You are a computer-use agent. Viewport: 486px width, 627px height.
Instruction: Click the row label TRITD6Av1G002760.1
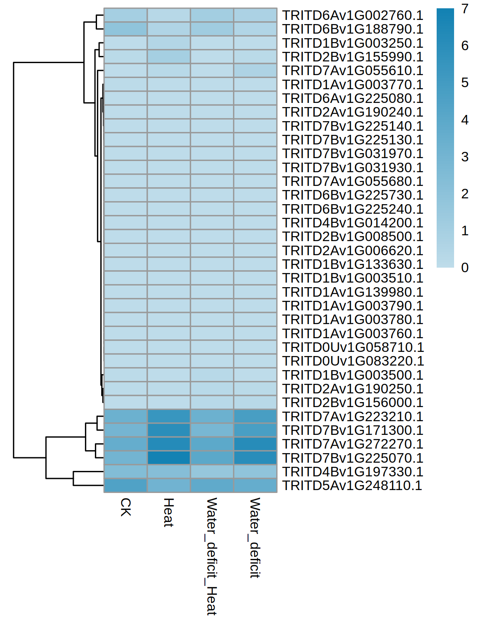click(352, 15)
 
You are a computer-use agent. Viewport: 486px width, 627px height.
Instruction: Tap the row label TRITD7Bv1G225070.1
click(352, 458)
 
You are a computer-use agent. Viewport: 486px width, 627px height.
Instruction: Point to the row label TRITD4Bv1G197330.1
click(352, 472)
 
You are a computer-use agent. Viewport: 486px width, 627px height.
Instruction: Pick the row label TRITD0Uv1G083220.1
click(353, 361)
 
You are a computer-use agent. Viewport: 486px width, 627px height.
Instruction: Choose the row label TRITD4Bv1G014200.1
click(352, 223)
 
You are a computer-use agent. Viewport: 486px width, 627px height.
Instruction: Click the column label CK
click(126, 507)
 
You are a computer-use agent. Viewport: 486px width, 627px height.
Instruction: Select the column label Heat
click(168, 512)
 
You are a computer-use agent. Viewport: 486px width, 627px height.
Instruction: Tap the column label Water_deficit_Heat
click(211, 556)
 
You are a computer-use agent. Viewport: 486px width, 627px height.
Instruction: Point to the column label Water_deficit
click(255, 538)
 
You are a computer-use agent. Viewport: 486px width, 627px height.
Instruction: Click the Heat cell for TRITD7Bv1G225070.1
click(169, 458)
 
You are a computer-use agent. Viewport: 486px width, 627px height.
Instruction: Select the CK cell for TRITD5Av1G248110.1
click(126, 485)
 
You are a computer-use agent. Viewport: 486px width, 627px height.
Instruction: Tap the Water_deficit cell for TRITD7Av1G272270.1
click(255, 444)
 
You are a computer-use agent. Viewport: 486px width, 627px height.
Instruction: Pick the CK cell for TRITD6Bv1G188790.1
click(126, 29)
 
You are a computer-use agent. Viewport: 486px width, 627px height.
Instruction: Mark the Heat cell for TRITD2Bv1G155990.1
click(169, 57)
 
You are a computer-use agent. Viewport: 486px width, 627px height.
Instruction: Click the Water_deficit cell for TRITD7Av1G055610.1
click(255, 71)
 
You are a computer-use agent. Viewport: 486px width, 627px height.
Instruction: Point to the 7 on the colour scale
click(465, 9)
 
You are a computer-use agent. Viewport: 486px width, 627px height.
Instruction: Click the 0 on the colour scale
click(465, 268)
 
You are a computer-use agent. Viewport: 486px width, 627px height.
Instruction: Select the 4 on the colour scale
click(465, 120)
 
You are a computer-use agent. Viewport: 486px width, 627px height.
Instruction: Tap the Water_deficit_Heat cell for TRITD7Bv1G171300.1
click(212, 430)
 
